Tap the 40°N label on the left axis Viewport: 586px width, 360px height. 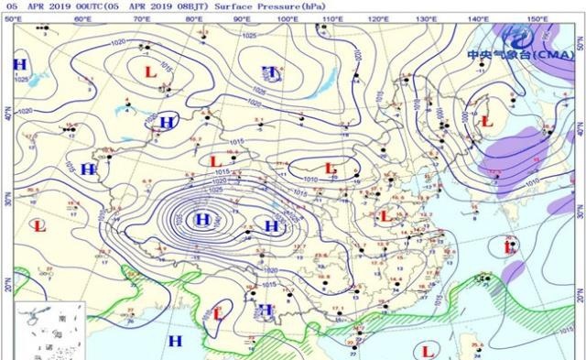pyautogui.click(x=5, y=115)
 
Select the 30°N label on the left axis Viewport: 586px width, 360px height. pyautogui.click(x=5, y=196)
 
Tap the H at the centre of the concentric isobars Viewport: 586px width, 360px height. pyautogui.click(x=201, y=219)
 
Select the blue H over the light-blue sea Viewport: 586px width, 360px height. pyautogui.click(x=173, y=341)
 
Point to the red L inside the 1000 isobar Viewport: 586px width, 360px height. pyautogui.click(x=486, y=120)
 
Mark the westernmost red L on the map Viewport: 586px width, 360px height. pyautogui.click(x=38, y=225)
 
